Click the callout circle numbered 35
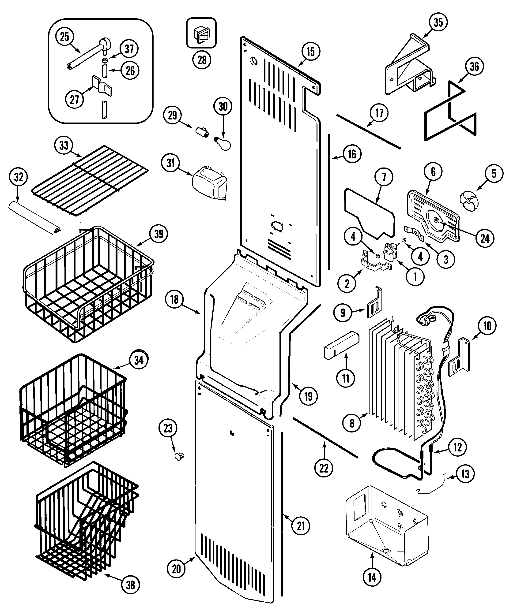pyautogui.click(x=438, y=22)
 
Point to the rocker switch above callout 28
pyautogui.click(x=201, y=33)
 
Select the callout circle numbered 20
pyautogui.click(x=176, y=569)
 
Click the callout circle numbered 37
pyautogui.click(x=129, y=49)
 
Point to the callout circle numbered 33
pyautogui.click(x=64, y=145)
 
